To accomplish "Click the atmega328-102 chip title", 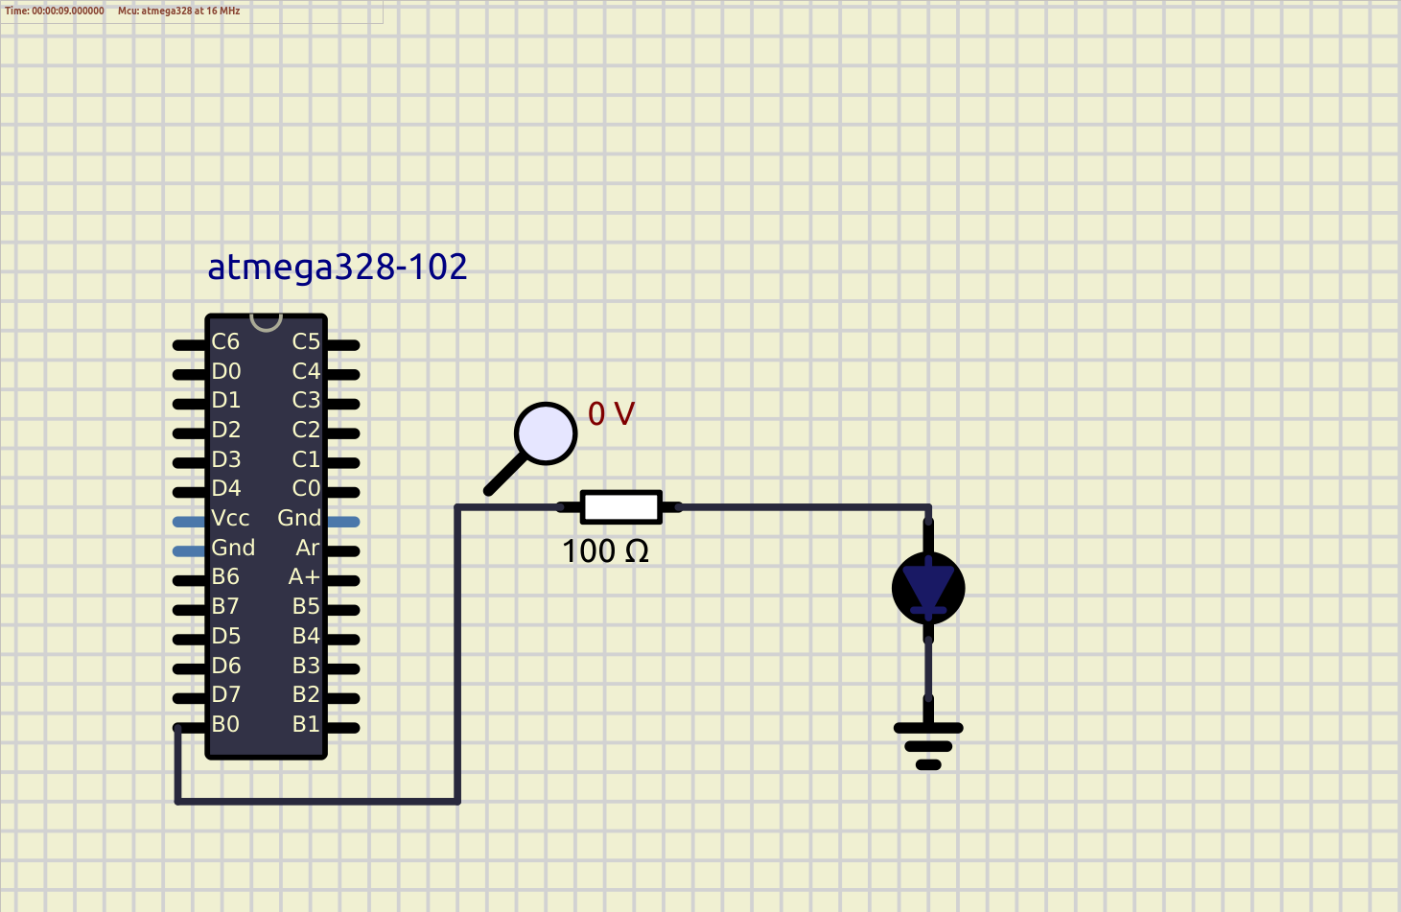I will [337, 267].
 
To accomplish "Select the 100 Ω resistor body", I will [621, 507].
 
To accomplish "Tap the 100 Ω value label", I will [605, 551].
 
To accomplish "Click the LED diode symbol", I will [928, 588].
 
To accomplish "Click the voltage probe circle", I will [546, 433].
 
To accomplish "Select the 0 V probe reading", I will [611, 414].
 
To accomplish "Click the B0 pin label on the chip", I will [225, 725].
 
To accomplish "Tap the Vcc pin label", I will [230, 519].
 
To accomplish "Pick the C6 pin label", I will [225, 342].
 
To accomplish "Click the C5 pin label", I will [306, 342].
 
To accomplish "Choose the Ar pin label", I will [308, 549].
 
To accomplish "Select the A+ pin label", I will [304, 577].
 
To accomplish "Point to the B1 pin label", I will [306, 725].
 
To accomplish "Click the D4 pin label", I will [226, 489].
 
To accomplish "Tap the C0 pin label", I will [306, 489].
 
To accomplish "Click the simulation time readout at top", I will [55, 11].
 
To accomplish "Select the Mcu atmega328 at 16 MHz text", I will [179, 11].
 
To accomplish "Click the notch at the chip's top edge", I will [266, 321].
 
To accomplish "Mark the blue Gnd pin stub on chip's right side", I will [344, 522].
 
